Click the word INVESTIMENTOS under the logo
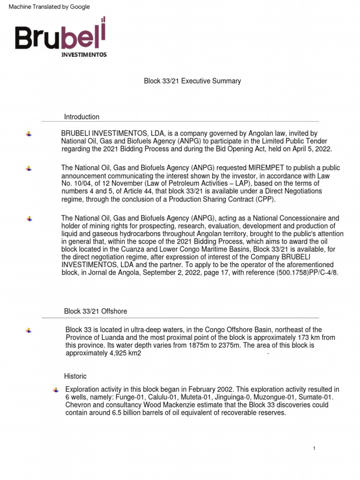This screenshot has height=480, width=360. (x=84, y=54)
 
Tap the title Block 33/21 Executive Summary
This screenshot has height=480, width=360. (x=192, y=81)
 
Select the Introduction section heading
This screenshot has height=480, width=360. (x=82, y=117)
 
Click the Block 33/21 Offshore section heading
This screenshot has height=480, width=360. (x=95, y=311)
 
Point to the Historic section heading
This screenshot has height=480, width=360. (x=75, y=376)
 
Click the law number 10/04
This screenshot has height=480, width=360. (x=82, y=184)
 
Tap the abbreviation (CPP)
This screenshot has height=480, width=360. (x=265, y=199)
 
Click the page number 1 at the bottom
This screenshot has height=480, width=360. (x=314, y=449)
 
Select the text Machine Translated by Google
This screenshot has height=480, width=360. (x=46, y=7)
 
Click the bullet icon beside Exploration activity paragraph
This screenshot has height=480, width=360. (x=56, y=390)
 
